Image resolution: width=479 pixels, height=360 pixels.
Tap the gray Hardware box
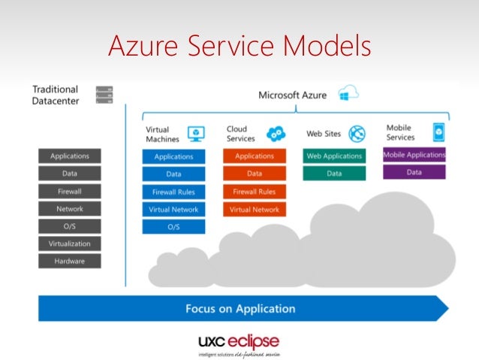point(69,262)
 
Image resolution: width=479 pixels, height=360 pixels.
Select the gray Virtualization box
point(69,244)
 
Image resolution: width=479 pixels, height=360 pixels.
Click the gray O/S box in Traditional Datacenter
point(69,226)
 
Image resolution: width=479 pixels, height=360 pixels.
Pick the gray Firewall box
point(69,192)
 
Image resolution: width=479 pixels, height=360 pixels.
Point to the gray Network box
point(69,209)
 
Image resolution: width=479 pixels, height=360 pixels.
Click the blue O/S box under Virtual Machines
point(173,227)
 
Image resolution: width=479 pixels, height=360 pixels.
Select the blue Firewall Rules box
point(173,192)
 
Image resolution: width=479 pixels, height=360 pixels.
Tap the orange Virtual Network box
point(255,210)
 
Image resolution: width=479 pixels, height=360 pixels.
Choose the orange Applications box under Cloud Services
point(255,156)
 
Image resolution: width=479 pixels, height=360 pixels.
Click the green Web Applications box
point(334,156)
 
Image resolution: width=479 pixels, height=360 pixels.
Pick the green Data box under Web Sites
point(334,174)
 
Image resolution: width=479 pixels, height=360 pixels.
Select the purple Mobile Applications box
point(414,155)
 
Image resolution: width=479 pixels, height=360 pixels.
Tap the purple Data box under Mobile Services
point(414,172)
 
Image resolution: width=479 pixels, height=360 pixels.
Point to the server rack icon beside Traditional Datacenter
point(104,95)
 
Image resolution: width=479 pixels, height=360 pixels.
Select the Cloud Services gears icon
point(276,134)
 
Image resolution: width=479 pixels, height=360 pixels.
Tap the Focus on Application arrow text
point(240,309)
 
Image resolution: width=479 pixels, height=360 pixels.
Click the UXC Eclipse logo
point(239,342)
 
